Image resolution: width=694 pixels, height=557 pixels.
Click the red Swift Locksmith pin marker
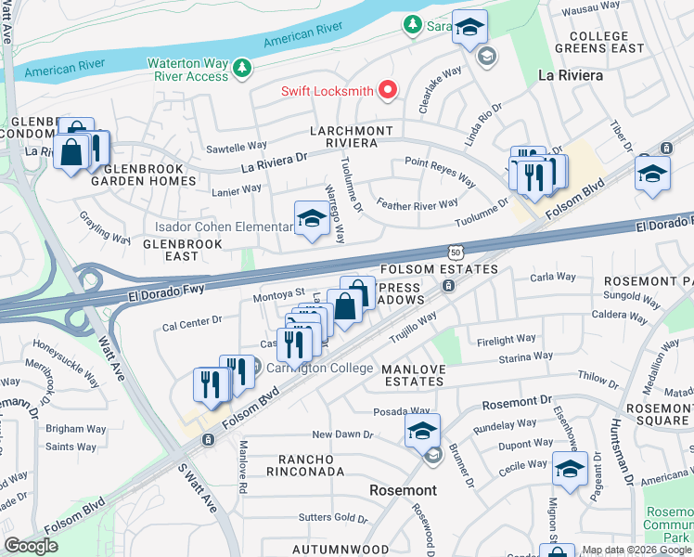[388, 91]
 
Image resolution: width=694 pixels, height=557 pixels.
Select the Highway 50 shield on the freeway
[454, 253]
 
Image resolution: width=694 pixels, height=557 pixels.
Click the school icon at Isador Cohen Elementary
[312, 219]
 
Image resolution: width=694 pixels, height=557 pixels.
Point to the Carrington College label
[319, 367]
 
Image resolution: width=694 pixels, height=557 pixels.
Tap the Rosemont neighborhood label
[403, 489]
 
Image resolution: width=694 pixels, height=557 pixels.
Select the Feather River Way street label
[418, 203]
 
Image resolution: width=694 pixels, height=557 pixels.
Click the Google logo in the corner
[31, 545]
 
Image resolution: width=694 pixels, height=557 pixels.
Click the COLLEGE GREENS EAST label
[598, 42]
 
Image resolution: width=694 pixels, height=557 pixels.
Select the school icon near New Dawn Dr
[422, 431]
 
